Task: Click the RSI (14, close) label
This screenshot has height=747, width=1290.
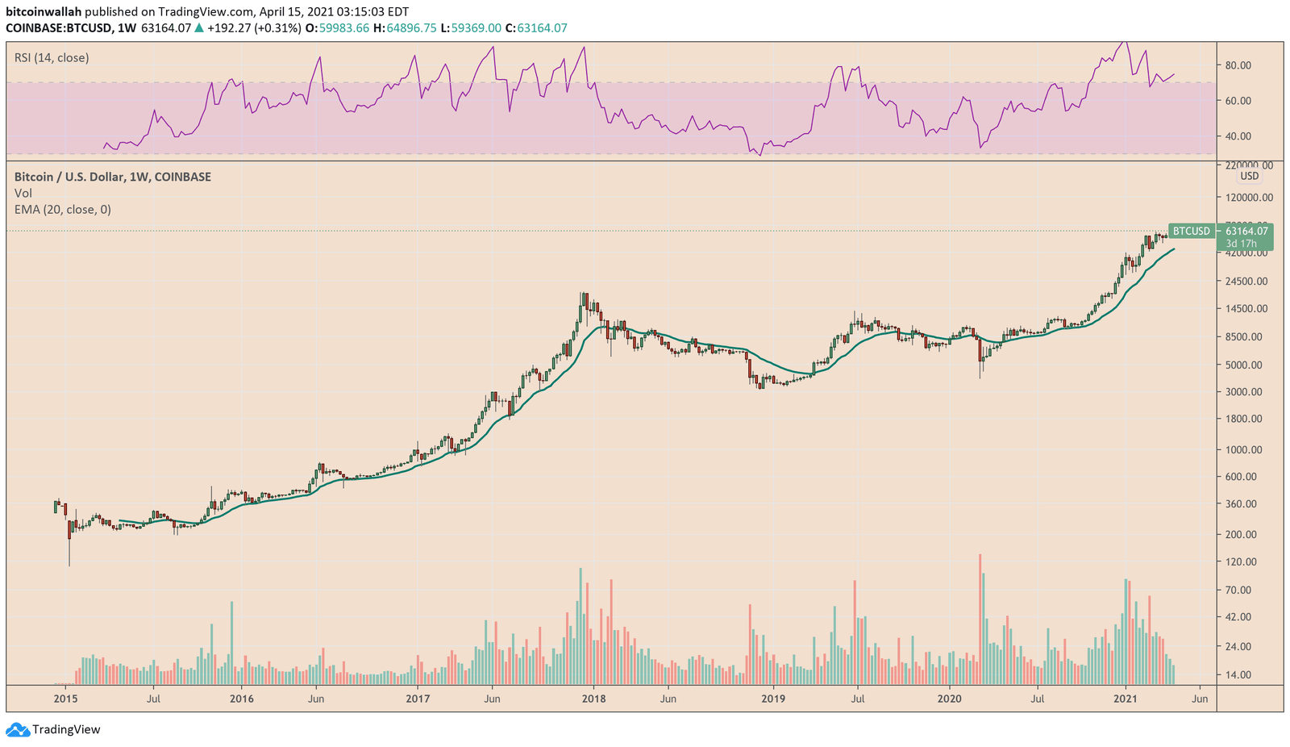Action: pyautogui.click(x=52, y=58)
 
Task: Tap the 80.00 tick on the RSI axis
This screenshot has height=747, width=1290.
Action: pyautogui.click(x=1238, y=65)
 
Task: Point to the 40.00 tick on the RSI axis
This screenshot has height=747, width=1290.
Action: pyautogui.click(x=1238, y=136)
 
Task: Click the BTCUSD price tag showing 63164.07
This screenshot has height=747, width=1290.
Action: pyautogui.click(x=1220, y=232)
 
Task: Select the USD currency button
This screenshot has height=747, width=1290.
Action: pyautogui.click(x=1249, y=176)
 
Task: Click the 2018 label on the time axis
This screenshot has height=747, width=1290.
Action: pyautogui.click(x=593, y=699)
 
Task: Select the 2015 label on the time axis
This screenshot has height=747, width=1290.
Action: pyautogui.click(x=65, y=699)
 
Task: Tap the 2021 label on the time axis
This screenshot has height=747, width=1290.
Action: pyautogui.click(x=1126, y=699)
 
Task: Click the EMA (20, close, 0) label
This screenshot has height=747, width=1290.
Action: pyautogui.click(x=63, y=210)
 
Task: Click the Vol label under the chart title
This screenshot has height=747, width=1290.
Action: pyautogui.click(x=23, y=194)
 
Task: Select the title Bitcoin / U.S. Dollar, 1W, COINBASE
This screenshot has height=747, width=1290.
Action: pyautogui.click(x=113, y=177)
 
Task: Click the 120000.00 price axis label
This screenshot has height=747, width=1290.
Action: pyautogui.click(x=1245, y=198)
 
